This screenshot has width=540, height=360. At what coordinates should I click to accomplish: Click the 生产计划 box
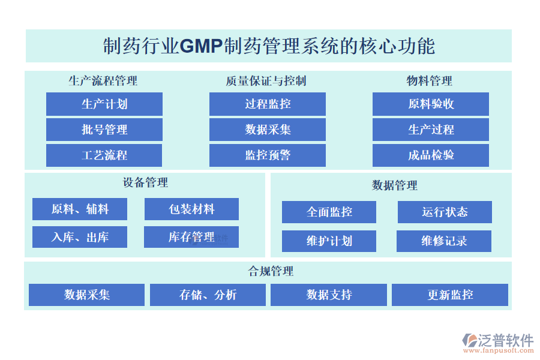tap(104, 104)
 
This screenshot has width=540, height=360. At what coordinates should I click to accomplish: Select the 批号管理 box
tap(104, 130)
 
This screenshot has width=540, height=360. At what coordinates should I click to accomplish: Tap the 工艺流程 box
tap(104, 155)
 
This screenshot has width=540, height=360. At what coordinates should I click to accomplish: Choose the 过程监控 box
tap(268, 104)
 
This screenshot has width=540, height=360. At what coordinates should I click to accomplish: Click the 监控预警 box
tap(268, 155)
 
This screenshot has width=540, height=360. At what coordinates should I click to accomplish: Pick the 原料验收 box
tap(431, 104)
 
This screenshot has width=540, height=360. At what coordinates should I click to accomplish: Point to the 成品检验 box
tap(431, 155)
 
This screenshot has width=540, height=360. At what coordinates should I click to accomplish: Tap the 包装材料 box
tap(191, 209)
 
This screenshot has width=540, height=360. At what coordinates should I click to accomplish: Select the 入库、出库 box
tap(80, 237)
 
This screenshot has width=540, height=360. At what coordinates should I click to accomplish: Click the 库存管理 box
tap(191, 237)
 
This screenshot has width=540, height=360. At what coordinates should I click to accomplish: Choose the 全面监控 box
tap(329, 212)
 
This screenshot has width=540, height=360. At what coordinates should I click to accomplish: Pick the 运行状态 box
tap(445, 212)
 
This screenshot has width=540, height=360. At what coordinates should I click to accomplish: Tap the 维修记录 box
tap(444, 241)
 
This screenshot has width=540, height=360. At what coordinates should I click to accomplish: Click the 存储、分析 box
tap(208, 295)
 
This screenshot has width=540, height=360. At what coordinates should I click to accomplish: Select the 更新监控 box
tap(450, 295)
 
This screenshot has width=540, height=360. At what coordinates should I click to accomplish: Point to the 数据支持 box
tap(329, 295)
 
